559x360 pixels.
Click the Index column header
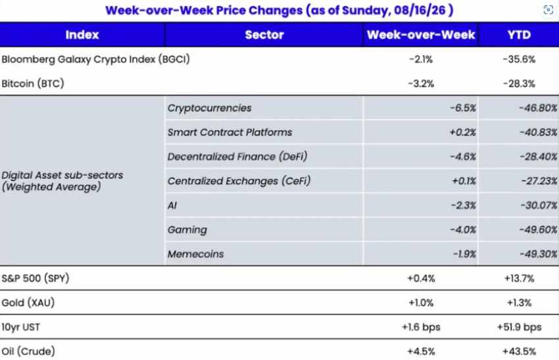[82, 35]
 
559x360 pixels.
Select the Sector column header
[264, 35]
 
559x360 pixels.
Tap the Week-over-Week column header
[421, 35]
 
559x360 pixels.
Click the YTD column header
[519, 35]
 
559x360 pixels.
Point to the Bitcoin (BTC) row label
[33, 84]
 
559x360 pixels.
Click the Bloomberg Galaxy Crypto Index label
[95, 59]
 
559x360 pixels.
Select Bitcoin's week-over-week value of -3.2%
[421, 84]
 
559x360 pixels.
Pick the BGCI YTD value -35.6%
[519, 59]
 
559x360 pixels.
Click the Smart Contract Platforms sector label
[230, 132]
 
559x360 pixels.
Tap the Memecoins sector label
[196, 254]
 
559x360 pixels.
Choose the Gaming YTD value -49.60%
[539, 230]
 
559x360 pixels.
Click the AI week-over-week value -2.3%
[463, 205]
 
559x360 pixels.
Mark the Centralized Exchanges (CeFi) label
[239, 181]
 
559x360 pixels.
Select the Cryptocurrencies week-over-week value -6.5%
[463, 108]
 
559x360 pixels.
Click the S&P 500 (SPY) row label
[36, 278]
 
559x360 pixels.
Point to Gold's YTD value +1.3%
[519, 303]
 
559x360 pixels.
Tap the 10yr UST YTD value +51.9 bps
[519, 327]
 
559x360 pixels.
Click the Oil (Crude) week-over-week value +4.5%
[421, 351]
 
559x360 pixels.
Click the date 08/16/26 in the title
[420, 11]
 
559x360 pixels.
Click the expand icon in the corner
[548, 10]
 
